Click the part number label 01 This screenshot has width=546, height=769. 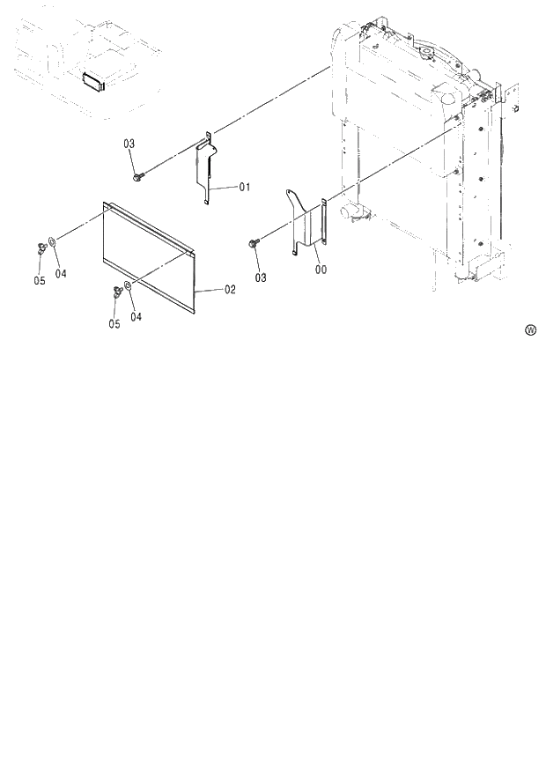(x=245, y=187)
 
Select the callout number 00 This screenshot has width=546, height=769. (x=320, y=270)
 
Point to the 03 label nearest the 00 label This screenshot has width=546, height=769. (x=261, y=277)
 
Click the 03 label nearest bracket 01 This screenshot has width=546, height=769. (x=129, y=143)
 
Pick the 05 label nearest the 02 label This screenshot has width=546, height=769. (x=114, y=323)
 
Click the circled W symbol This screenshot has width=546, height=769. (x=530, y=330)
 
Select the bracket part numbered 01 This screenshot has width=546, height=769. (x=205, y=167)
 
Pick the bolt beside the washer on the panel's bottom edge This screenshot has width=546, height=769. (x=116, y=292)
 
